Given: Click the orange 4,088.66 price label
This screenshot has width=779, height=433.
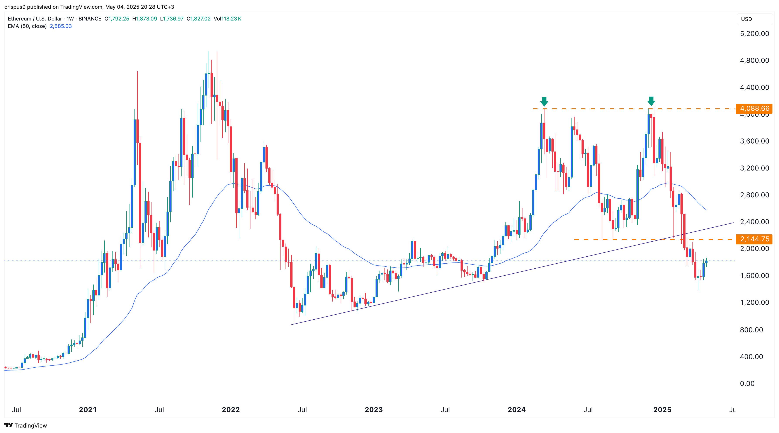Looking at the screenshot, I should [x=754, y=108].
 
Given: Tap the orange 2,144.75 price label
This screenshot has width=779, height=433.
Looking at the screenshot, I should [x=754, y=239].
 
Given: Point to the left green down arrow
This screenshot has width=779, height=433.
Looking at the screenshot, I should [x=544, y=102].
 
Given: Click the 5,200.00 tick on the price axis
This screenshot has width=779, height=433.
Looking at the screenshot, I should [x=754, y=34].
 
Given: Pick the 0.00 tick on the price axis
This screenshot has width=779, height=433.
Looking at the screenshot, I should [x=747, y=383].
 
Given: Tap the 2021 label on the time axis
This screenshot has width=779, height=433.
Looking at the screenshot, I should [x=88, y=410].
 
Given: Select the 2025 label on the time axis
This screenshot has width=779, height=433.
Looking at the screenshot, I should [x=662, y=410].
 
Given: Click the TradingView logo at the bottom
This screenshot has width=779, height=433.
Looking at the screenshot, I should [x=26, y=425].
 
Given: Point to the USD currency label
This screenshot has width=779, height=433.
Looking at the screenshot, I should [x=746, y=19].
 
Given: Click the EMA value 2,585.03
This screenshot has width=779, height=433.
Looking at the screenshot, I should [x=61, y=26].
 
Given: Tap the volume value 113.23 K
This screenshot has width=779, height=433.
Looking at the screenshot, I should [x=231, y=19].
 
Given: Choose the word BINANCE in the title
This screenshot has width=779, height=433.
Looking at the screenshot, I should [x=90, y=19].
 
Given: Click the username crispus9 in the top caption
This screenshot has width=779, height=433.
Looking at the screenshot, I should [x=15, y=7].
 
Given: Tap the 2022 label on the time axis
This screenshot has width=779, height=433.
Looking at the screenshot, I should [x=231, y=410].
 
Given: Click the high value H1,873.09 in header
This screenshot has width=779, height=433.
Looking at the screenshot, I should [x=145, y=19].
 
